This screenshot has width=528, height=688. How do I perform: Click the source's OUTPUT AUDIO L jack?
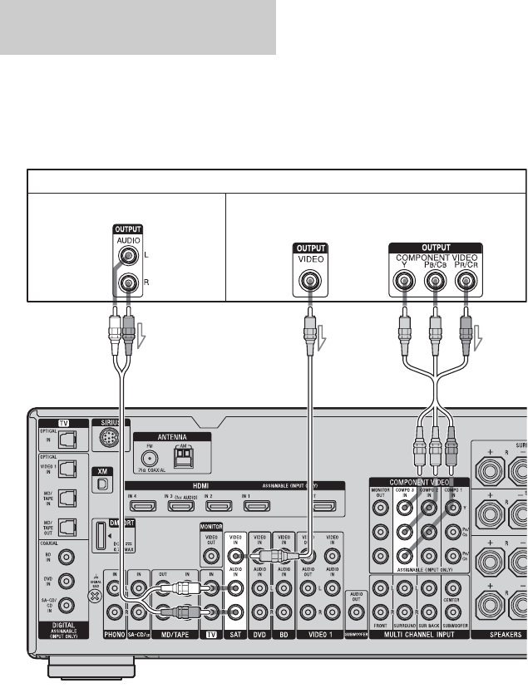[126, 259]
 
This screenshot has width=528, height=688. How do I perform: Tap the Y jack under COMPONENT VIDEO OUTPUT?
[405, 281]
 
